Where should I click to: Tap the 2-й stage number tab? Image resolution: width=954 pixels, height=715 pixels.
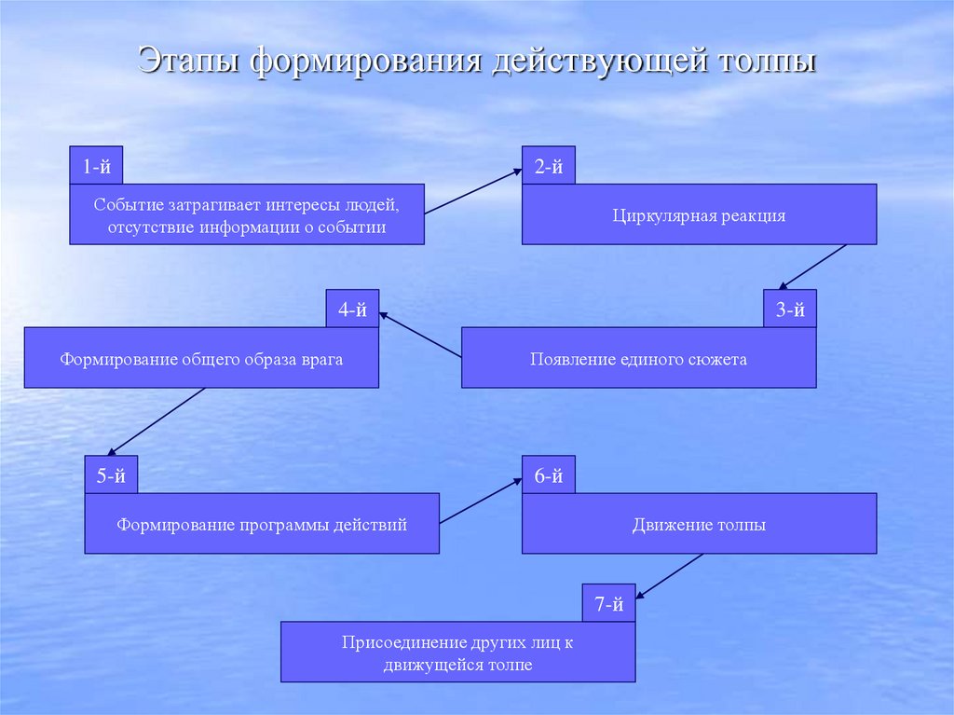(548, 166)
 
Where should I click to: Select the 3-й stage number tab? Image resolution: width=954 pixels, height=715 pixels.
(789, 309)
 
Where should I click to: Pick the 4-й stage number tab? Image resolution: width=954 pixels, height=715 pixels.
(352, 309)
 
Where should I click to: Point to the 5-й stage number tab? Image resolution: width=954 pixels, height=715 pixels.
(111, 475)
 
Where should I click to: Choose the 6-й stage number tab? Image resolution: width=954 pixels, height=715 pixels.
(548, 475)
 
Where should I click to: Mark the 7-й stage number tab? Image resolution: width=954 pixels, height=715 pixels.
(608, 604)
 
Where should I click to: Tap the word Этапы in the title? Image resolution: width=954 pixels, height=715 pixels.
(189, 62)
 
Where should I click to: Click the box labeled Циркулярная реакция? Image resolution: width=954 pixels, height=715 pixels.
(699, 215)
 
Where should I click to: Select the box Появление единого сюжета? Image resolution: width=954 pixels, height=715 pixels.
(638, 359)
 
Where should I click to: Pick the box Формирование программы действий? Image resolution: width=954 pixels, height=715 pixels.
(262, 525)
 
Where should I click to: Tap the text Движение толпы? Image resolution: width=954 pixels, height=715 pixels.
(699, 525)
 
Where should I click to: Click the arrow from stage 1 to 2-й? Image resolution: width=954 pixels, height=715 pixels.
(472, 192)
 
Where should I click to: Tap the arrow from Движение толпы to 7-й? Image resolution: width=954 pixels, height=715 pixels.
(670, 575)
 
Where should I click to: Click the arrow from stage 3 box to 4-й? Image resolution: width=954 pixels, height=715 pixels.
(419, 336)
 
